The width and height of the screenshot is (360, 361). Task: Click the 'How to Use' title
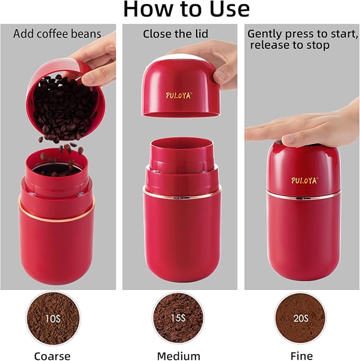pyautogui.click(x=186, y=10)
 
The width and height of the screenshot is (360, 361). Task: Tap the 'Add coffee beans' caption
pyautogui.click(x=57, y=34)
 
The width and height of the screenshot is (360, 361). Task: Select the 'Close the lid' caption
pyautogui.click(x=175, y=34)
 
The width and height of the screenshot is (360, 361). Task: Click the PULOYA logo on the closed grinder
pyautogui.click(x=304, y=180)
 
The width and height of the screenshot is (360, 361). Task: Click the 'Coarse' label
pyautogui.click(x=52, y=356)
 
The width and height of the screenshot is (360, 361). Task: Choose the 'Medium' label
pyautogui.click(x=179, y=356)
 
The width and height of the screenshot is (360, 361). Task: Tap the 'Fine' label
pyautogui.click(x=300, y=356)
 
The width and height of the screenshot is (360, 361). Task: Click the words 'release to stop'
pyautogui.click(x=289, y=46)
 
